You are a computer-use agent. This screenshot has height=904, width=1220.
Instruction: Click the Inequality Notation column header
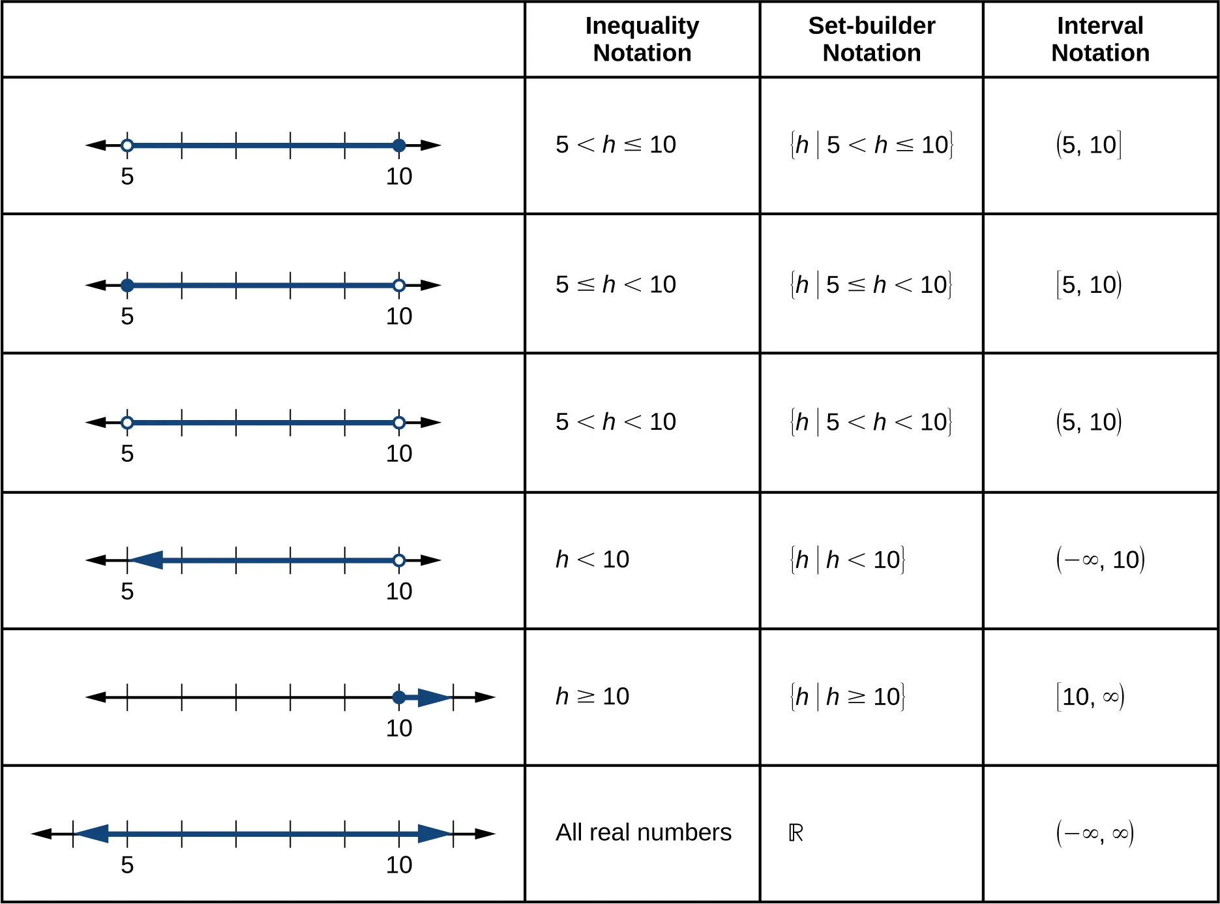[x=642, y=39]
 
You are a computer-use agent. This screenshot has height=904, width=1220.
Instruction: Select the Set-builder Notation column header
[x=871, y=39]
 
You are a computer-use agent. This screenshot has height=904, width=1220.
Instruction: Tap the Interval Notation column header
[x=1100, y=39]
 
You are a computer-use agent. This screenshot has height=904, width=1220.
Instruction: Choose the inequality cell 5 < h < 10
[x=616, y=422]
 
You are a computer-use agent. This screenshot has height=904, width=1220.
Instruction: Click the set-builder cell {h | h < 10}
[x=847, y=560]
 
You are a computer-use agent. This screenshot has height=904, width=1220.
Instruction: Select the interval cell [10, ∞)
[x=1090, y=697]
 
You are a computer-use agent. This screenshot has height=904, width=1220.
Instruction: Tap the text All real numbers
[x=643, y=833]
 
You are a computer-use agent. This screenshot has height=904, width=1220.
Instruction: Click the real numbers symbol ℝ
[x=796, y=833]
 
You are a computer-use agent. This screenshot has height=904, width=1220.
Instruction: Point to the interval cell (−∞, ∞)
[x=1095, y=833]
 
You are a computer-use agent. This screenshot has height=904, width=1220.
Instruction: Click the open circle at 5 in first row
[x=128, y=145]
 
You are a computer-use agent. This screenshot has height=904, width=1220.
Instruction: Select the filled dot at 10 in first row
[x=399, y=145]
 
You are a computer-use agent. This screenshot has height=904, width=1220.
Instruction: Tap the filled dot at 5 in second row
[x=128, y=285]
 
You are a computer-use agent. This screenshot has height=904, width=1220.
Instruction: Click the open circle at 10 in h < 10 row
[x=399, y=560]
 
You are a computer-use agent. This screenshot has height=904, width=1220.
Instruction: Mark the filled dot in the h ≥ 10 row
[x=399, y=697]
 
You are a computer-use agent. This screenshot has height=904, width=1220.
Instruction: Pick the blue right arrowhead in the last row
[x=434, y=834]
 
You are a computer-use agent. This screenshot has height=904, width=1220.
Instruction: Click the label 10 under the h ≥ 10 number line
[x=398, y=729]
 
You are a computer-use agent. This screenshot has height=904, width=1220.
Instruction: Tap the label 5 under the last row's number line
[x=127, y=866]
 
